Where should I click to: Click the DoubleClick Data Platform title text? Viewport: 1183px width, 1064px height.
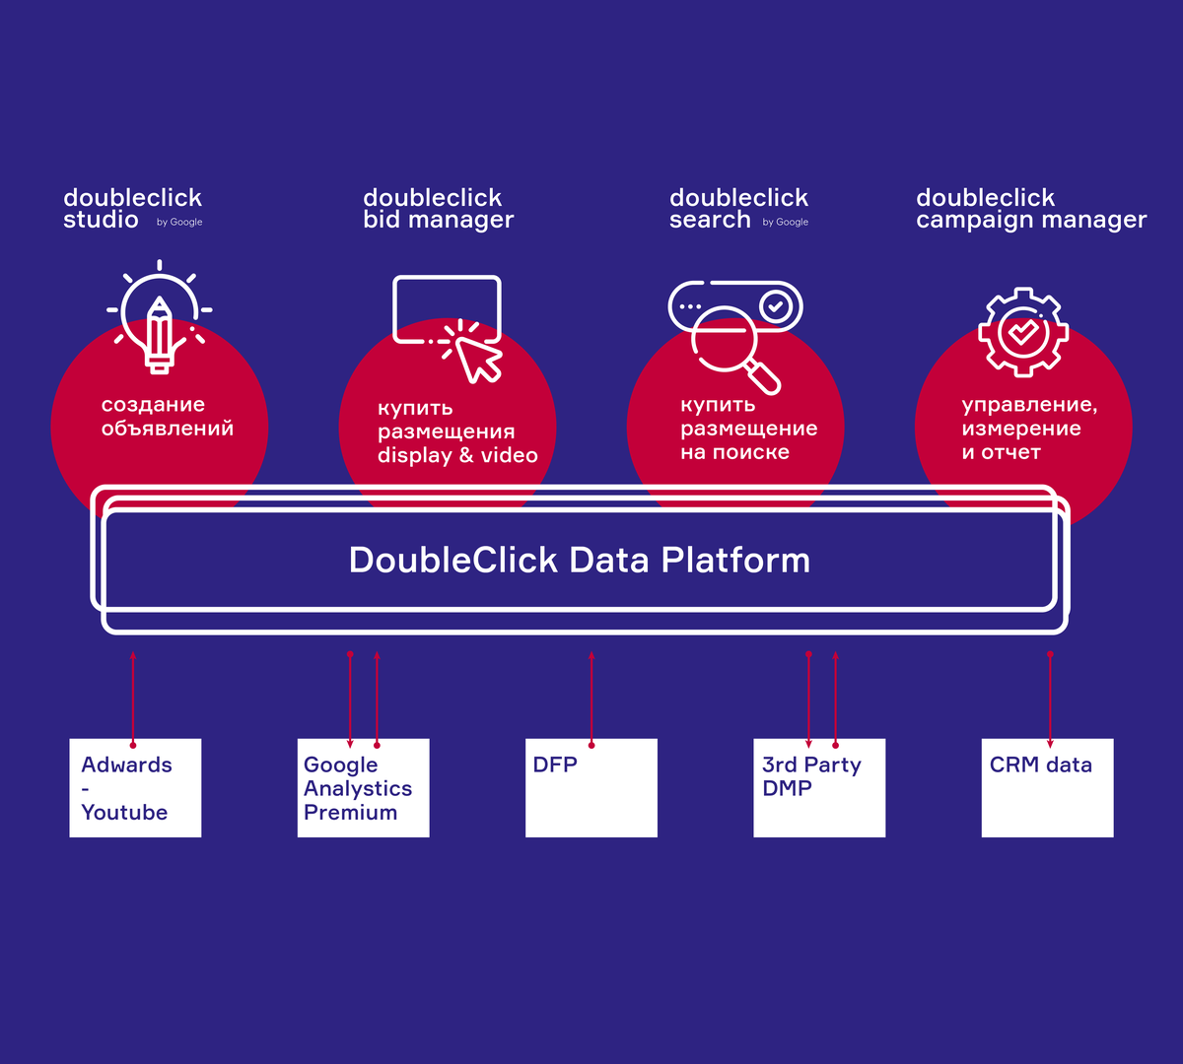tap(580, 560)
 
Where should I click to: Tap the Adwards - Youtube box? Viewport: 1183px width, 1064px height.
tap(135, 788)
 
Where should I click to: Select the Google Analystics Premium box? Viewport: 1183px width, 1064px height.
tap(363, 788)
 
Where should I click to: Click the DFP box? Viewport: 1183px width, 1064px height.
tap(591, 788)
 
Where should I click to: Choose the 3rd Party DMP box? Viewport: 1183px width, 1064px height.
tap(819, 788)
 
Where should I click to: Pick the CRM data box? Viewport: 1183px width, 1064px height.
tap(1047, 788)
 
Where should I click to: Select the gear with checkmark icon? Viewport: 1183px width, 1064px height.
tap(1022, 331)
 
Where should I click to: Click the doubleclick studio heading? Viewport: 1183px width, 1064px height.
tap(132, 209)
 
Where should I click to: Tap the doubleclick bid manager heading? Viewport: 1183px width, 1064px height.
tap(438, 209)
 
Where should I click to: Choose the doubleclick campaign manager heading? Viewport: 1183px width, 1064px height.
tap(1031, 209)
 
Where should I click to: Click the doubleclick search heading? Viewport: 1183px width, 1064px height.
tap(738, 209)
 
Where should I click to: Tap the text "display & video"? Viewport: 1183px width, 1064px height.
tap(457, 455)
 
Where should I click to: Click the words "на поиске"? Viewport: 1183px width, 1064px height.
tap(734, 452)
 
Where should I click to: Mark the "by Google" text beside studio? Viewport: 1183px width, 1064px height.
tap(179, 223)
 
